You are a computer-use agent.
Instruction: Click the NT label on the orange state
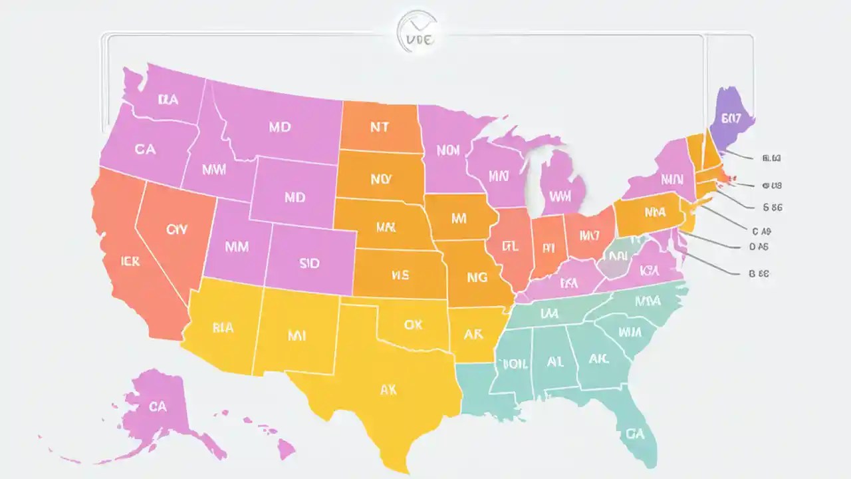(x=378, y=127)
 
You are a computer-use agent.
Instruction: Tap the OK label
(x=413, y=325)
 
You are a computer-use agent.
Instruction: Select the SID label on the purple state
(x=309, y=263)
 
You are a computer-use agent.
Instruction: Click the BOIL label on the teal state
(x=514, y=364)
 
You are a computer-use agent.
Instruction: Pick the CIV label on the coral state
(x=176, y=230)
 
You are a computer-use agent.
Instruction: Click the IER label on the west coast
(x=130, y=261)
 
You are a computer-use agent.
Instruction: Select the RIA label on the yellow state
(x=223, y=327)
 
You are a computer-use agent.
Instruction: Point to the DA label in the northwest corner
(x=168, y=100)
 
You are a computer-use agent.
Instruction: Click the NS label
(x=400, y=273)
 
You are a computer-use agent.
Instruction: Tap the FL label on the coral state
(x=510, y=245)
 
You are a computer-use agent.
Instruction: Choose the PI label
(x=548, y=248)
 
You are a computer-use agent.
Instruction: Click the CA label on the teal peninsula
(x=635, y=433)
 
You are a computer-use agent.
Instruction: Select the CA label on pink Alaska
(x=158, y=405)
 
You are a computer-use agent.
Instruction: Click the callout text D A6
(x=759, y=245)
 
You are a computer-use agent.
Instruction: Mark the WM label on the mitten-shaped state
(x=560, y=197)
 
